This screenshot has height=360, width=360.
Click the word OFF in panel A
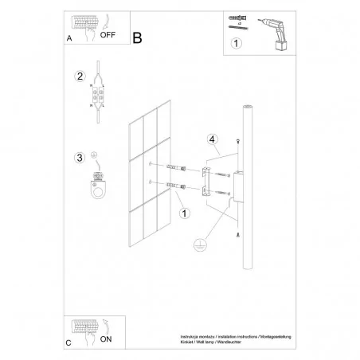coord(109,34)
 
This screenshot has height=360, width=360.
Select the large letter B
coord(137,37)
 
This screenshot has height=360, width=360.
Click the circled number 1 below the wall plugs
coord(185,213)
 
